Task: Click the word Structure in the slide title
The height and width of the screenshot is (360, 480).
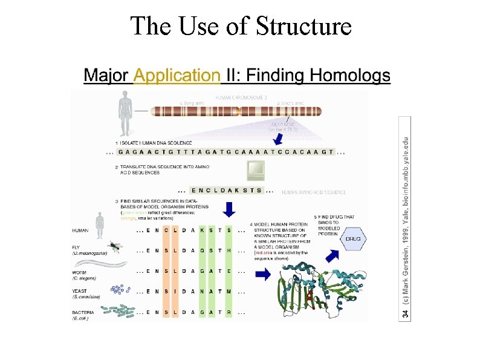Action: (304, 26)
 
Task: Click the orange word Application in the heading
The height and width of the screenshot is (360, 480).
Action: (177, 76)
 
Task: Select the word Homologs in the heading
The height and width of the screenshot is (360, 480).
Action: (350, 76)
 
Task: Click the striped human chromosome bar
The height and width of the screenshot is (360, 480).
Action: (236, 112)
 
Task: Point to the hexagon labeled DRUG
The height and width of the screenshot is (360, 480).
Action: (353, 239)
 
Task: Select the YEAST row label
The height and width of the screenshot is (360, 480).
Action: (80, 290)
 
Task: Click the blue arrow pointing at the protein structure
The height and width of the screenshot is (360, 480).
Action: (263, 274)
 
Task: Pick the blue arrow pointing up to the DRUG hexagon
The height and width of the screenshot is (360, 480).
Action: (332, 255)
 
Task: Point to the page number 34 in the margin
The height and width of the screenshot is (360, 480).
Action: (406, 313)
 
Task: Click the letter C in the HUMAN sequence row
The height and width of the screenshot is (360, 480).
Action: (164, 231)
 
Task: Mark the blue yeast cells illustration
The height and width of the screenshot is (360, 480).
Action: (120, 290)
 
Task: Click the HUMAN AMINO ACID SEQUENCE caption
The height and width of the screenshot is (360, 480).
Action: (314, 192)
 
